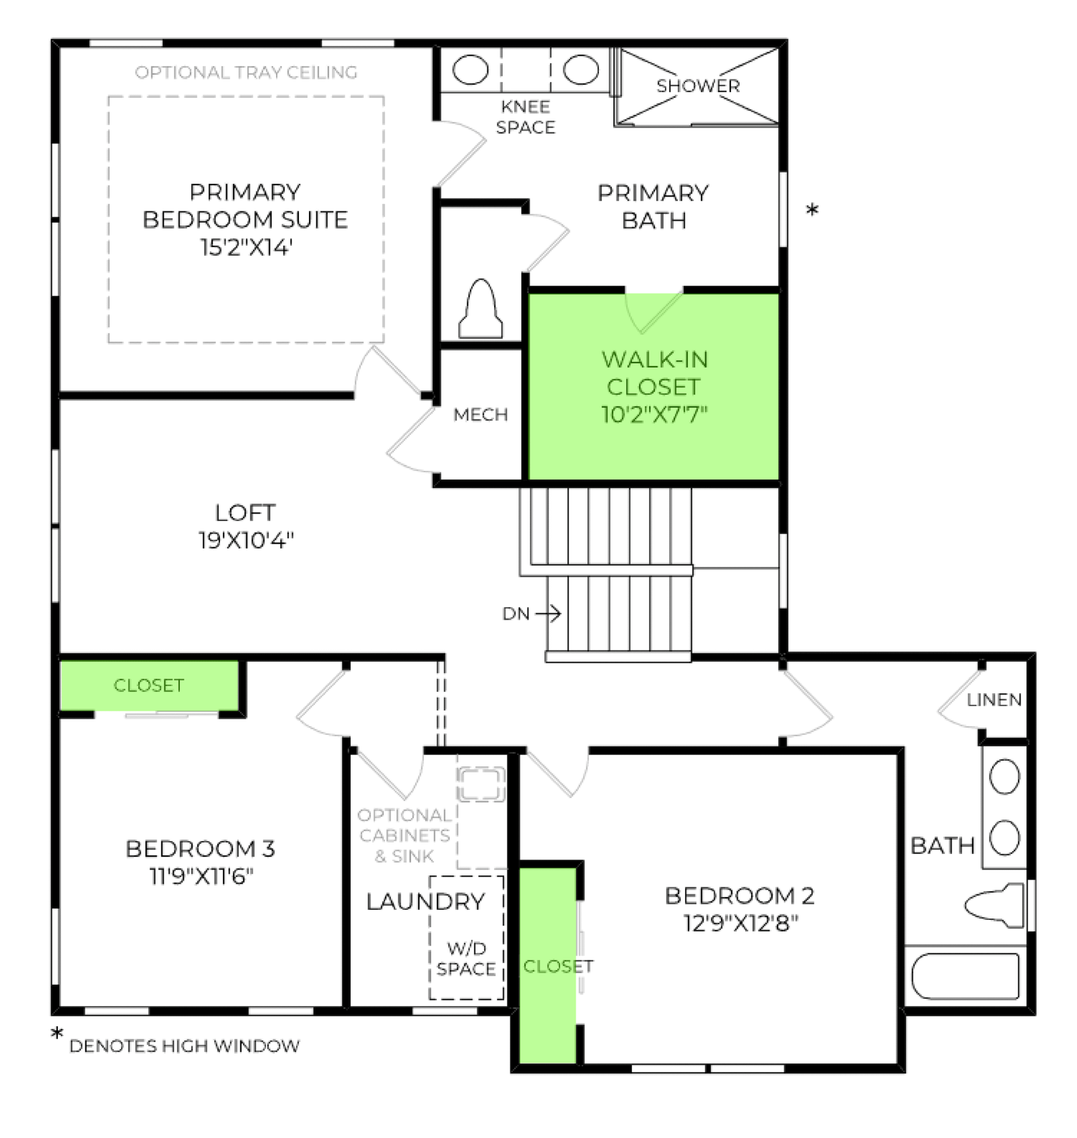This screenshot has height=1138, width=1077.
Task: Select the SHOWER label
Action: point(698,86)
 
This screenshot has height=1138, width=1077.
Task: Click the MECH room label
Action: point(481,415)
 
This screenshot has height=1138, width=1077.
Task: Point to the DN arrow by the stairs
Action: point(548,613)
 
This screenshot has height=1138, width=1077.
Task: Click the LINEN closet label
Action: point(994,700)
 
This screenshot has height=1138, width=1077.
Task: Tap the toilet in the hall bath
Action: point(994,905)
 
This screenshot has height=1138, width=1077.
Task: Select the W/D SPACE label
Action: point(466,959)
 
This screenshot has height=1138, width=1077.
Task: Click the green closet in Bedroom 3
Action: point(149,685)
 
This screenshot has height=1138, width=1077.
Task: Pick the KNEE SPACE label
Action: point(526,117)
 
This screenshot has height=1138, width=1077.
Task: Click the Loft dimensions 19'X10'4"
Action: point(246,540)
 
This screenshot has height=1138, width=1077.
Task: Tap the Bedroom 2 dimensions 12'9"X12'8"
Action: point(740,923)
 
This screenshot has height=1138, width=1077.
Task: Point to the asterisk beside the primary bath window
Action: point(812,209)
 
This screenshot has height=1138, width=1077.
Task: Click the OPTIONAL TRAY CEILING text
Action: point(246,73)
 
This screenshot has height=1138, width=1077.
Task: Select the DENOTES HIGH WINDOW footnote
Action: point(184,1046)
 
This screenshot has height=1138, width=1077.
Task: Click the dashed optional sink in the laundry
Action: point(481,784)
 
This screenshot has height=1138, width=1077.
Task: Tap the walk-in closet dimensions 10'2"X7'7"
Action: point(654,415)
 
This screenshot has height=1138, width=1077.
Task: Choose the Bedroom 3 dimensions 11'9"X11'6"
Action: point(201,876)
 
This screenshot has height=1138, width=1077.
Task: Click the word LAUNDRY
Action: point(425,902)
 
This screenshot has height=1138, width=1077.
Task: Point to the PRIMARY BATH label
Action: point(654,207)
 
